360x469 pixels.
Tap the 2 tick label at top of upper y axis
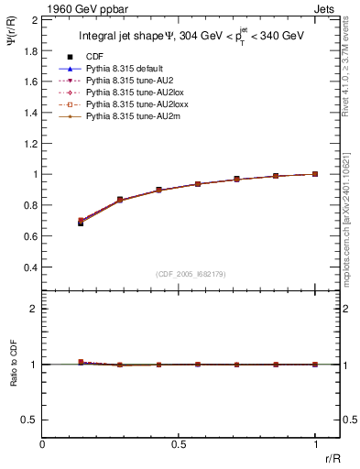36,19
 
